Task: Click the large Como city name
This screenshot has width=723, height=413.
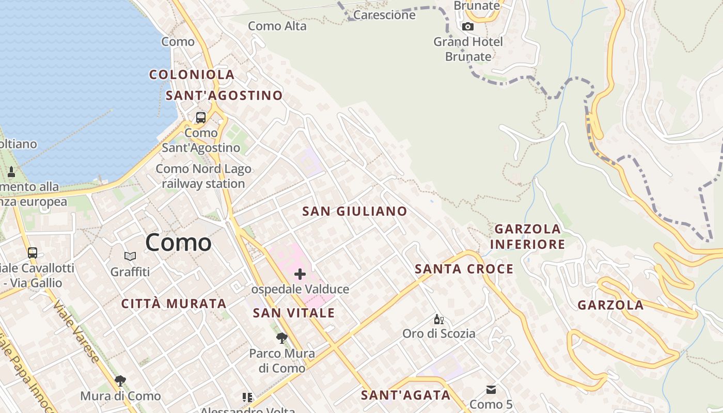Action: click(178, 243)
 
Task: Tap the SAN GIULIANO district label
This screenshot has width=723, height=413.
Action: click(354, 211)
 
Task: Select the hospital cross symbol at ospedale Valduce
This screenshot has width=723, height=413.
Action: click(300, 274)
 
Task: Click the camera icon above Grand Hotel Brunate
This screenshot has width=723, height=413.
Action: click(468, 26)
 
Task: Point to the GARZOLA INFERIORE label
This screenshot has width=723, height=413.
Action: click(527, 236)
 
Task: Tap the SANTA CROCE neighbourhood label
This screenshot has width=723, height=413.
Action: click(464, 269)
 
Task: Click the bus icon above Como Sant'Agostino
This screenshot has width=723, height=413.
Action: click(201, 118)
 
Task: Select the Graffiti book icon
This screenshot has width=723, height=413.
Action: click(130, 256)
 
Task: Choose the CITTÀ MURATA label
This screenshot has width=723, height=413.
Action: click(174, 304)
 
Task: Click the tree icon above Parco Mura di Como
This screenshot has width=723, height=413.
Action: click(282, 338)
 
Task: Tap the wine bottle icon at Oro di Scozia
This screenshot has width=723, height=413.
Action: click(438, 319)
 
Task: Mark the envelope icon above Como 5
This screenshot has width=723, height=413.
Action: click(491, 390)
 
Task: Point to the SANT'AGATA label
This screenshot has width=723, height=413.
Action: click(405, 395)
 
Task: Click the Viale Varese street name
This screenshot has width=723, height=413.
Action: click(75, 330)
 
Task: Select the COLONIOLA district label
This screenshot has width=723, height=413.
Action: click(192, 75)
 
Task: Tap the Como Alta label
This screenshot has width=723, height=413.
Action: click(277, 26)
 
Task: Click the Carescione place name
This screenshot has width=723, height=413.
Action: click(384, 15)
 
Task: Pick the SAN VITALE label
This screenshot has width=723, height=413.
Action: click(293, 313)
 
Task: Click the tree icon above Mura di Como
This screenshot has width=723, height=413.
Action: click(120, 381)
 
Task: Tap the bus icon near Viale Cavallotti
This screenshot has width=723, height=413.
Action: click(33, 253)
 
